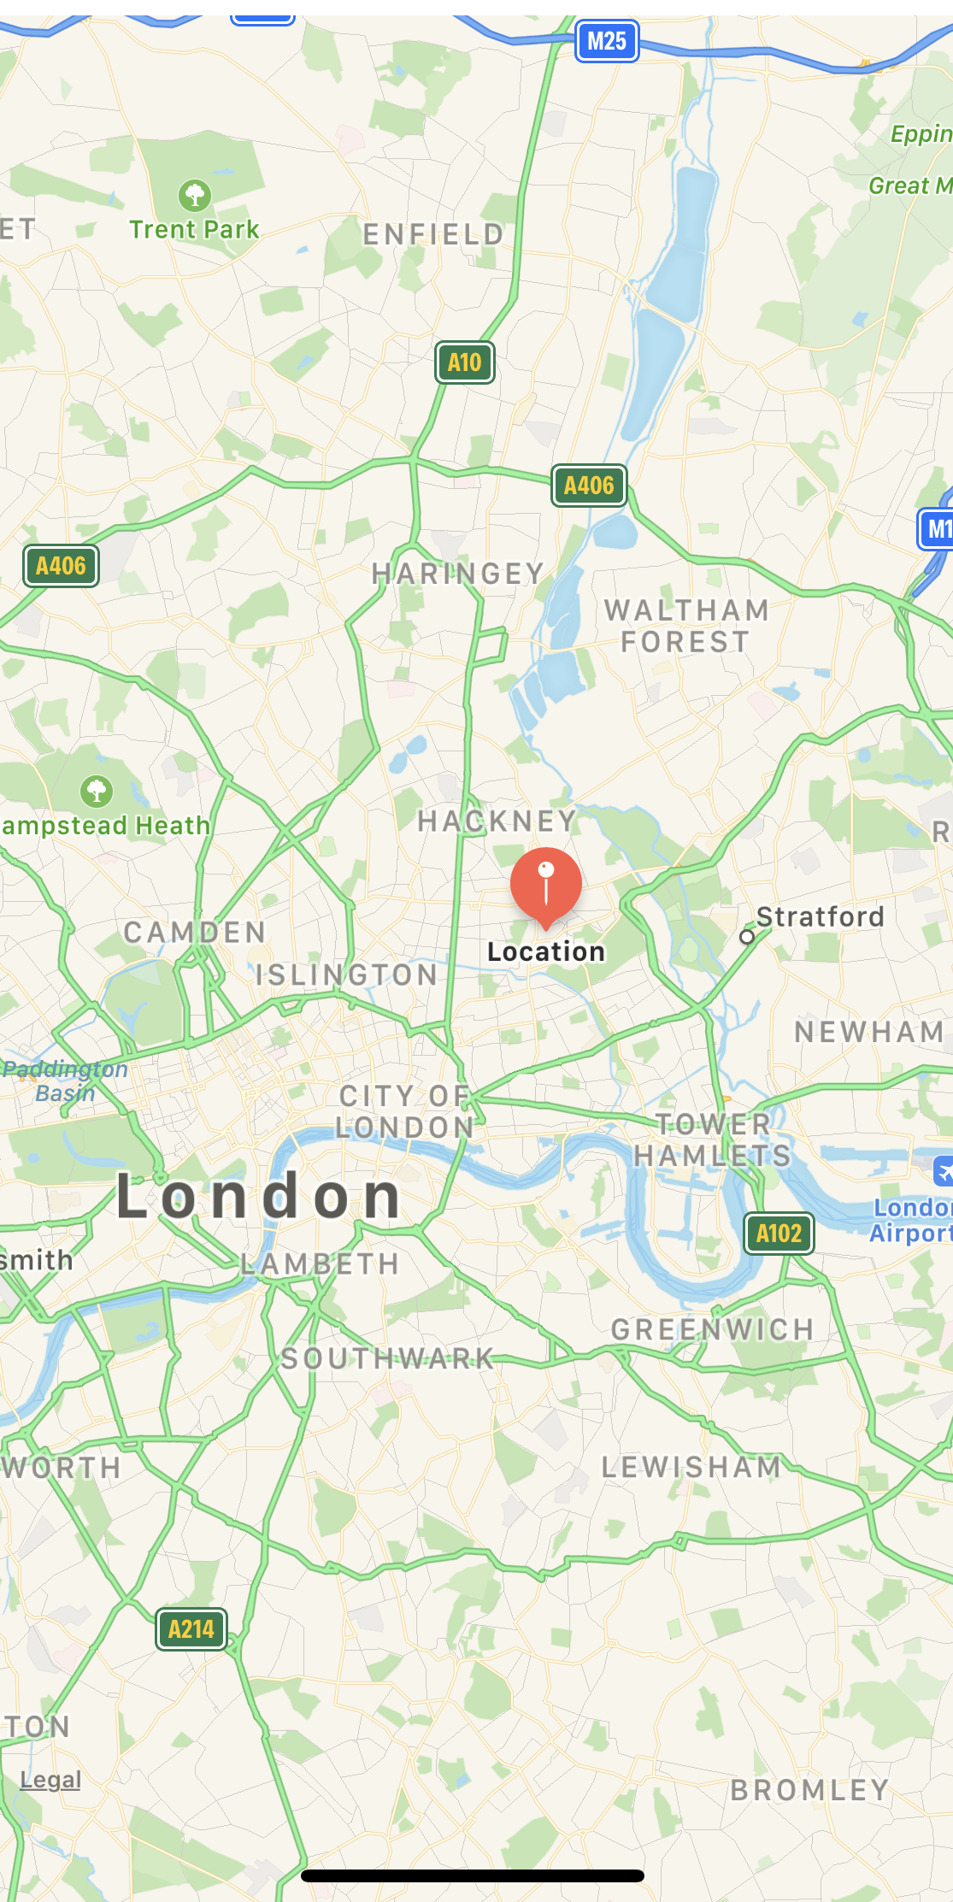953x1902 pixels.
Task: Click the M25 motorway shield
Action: point(607,41)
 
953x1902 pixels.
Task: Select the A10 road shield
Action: point(465,362)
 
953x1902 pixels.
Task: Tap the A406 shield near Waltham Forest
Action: point(589,486)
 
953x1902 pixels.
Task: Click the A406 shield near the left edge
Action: point(61,566)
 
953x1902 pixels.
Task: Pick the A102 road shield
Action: point(779,1234)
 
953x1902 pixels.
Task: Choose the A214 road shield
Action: point(191,1629)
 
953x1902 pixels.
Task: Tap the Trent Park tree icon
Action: point(195,196)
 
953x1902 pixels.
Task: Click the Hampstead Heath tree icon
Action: point(97,791)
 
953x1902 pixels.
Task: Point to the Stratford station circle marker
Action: point(747,937)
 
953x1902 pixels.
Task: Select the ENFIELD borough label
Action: point(433,234)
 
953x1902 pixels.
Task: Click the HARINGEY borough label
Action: point(458,574)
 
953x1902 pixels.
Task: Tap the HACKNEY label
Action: point(497,821)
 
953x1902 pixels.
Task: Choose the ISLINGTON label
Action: point(347,975)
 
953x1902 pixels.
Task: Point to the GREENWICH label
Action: point(713,1329)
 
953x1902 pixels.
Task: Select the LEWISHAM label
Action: point(691,1467)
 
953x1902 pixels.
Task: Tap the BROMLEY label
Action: point(809,1790)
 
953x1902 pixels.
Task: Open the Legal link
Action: point(50,1780)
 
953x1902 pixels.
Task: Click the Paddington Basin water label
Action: point(65,1081)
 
